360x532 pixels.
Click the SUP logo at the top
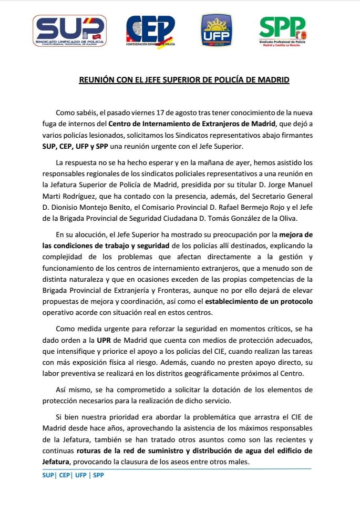(x=69, y=30)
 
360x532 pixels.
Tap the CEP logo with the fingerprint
(x=150, y=30)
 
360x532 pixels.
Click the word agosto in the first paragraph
(x=181, y=114)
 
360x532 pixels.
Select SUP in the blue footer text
(x=48, y=474)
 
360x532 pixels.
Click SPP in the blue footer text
(x=98, y=474)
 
